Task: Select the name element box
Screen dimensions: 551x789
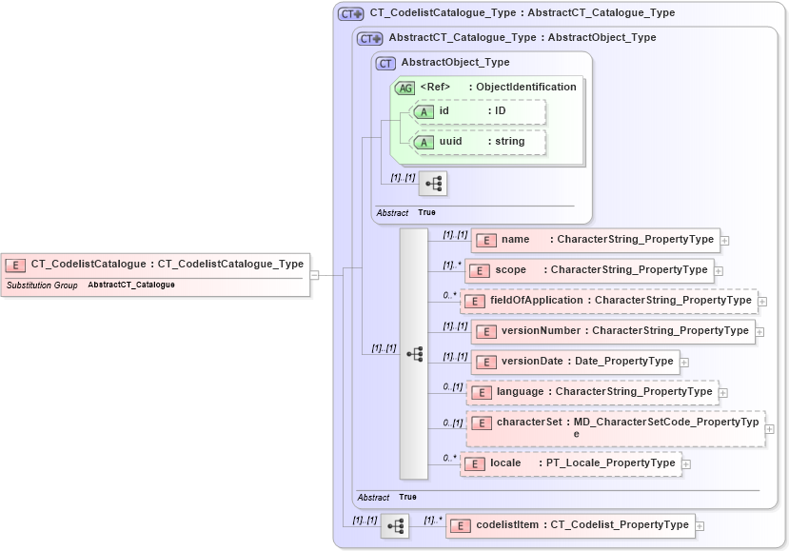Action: (x=596, y=240)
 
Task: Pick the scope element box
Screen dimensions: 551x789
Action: (x=589, y=270)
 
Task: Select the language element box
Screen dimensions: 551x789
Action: (x=592, y=392)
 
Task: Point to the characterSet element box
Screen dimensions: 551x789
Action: (x=616, y=427)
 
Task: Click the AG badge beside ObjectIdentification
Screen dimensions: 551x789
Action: (x=405, y=88)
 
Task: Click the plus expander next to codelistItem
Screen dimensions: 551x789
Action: (x=700, y=525)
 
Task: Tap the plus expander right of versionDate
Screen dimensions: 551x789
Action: (x=684, y=363)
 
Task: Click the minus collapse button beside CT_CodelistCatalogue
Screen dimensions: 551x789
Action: (x=315, y=275)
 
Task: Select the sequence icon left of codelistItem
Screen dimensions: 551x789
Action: (x=395, y=525)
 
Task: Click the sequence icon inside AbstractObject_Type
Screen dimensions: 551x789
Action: (x=433, y=183)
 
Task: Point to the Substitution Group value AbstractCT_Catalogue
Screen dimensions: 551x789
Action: (x=131, y=285)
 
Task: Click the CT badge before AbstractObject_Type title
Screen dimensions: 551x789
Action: (x=385, y=63)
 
